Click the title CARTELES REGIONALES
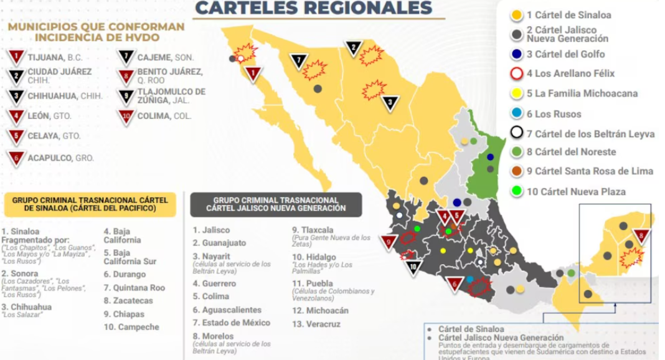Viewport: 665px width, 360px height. pyautogui.click(x=313, y=8)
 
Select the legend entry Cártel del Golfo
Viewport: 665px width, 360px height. pyautogui.click(x=565, y=54)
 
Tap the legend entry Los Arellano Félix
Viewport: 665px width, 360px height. pyautogui.click(x=570, y=73)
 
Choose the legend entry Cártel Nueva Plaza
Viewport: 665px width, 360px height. pyautogui.click(x=575, y=191)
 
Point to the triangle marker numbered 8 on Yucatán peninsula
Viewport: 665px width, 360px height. pyautogui.click(x=642, y=237)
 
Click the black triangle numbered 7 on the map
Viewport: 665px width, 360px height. pyautogui.click(x=299, y=62)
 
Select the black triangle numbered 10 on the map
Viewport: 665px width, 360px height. pyautogui.click(x=413, y=267)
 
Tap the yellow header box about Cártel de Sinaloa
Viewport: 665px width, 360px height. pyautogui.click(x=90, y=204)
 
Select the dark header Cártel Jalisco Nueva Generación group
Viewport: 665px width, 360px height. pyautogui.click(x=276, y=204)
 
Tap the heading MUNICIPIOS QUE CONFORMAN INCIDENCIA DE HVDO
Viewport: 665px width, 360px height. pyautogui.click(x=96, y=32)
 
